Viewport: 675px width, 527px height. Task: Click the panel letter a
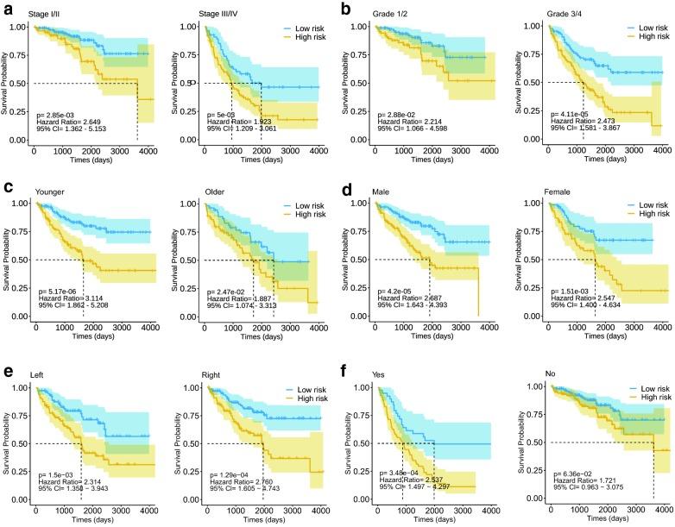click(7, 9)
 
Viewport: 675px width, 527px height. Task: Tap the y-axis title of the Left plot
click(7, 443)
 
